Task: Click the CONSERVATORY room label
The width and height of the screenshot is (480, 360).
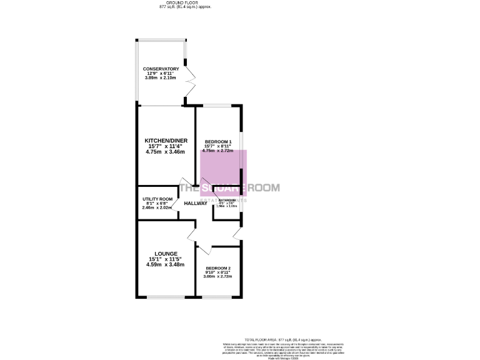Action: tap(161, 69)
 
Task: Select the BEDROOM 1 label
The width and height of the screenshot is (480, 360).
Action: tap(217, 141)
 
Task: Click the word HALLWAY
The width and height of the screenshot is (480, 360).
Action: tap(196, 203)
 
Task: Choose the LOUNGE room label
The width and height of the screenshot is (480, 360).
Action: tap(166, 254)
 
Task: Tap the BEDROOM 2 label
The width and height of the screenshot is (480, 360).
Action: tap(219, 267)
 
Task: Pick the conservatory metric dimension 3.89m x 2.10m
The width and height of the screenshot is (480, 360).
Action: tap(161, 78)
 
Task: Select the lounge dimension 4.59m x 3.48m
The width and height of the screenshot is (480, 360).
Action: tap(166, 264)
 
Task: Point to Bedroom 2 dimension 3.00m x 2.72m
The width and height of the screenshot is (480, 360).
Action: tap(219, 276)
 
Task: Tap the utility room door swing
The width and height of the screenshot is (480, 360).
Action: tap(175, 203)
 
